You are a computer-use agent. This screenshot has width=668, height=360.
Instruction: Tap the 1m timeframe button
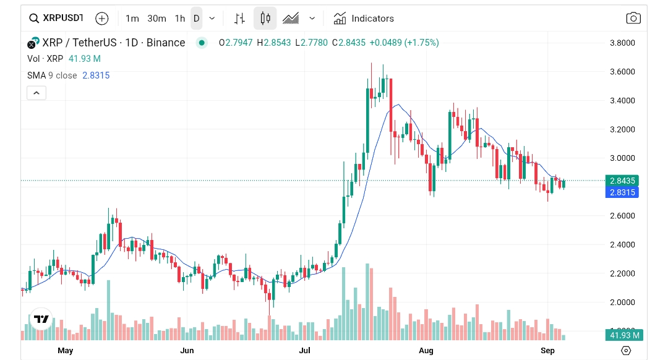tap(132, 19)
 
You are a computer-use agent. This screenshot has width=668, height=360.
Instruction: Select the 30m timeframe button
tap(156, 19)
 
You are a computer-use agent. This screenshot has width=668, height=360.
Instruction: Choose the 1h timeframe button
tap(179, 19)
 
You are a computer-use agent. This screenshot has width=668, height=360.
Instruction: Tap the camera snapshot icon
tap(633, 19)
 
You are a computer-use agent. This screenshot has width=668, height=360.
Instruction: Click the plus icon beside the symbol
tap(102, 19)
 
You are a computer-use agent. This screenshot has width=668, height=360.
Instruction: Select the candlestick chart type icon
tap(265, 19)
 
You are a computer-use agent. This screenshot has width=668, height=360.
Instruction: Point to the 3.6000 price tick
tap(622, 72)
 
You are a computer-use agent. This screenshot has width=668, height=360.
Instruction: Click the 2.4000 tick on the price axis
tap(622, 245)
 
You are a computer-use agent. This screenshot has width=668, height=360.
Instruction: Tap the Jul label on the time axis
tap(305, 351)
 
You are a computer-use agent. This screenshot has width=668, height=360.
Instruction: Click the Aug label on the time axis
tap(426, 351)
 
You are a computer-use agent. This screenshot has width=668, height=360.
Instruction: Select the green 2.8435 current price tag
tap(623, 181)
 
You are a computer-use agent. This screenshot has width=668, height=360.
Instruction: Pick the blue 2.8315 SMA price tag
tap(623, 192)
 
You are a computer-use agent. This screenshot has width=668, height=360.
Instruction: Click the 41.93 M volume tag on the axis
tap(625, 335)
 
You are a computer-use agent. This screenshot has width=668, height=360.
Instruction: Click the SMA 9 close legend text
tap(52, 75)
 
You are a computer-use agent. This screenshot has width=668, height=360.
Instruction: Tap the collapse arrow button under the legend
tap(36, 93)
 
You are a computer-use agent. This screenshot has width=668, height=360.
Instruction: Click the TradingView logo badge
tap(41, 319)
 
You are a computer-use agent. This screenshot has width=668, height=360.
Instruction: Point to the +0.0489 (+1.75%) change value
tap(405, 43)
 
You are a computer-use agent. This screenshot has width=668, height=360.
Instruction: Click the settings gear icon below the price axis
tap(626, 351)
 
